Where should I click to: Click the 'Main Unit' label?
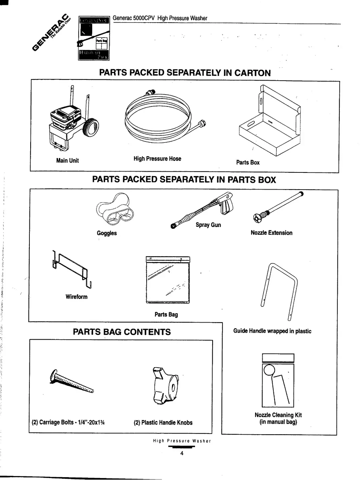click(67, 161)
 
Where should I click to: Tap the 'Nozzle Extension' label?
click(271, 233)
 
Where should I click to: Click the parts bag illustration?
click(168, 280)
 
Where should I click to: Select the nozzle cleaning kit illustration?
click(278, 380)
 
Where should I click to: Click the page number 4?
click(182, 455)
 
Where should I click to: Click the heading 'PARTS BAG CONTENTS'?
click(122, 332)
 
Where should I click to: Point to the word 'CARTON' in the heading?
click(252, 73)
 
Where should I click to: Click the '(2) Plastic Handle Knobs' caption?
click(163, 422)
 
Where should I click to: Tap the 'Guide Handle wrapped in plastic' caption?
click(272, 331)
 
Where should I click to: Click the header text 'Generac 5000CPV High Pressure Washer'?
click(160, 18)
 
